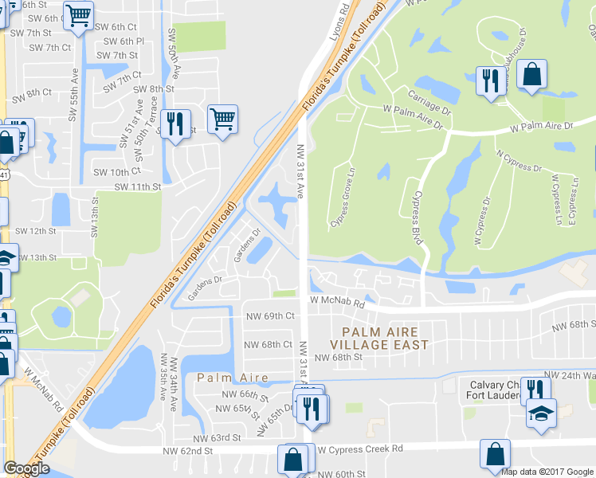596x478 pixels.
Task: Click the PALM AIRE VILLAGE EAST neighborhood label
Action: [x=385, y=338]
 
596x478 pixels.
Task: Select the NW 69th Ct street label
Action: [x=269, y=316]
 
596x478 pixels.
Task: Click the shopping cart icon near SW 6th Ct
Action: [x=78, y=15]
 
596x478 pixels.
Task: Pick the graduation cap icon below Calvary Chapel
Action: [x=541, y=413]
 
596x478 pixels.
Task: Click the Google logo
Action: [x=26, y=468]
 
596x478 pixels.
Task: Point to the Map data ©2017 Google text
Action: [x=547, y=472]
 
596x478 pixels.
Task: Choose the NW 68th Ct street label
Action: [x=268, y=345]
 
